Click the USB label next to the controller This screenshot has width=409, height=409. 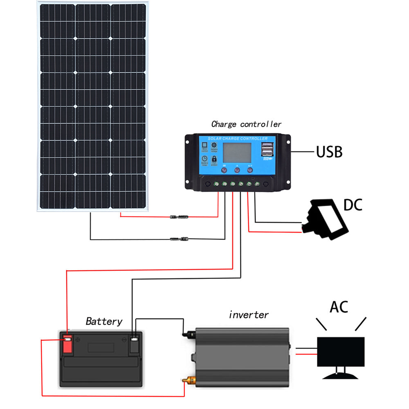click(x=329, y=152)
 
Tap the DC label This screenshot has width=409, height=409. click(x=353, y=204)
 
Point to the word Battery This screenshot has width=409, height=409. click(x=104, y=321)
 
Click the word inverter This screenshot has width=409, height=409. click(x=249, y=315)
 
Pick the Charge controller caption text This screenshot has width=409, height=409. click(x=246, y=124)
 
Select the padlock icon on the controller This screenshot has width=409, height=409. click(x=214, y=159)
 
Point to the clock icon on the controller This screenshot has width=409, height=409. click(x=204, y=159)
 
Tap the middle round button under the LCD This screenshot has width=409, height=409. click(x=237, y=169)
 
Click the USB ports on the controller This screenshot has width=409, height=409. click(x=267, y=149)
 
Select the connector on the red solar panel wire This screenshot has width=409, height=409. click(x=179, y=216)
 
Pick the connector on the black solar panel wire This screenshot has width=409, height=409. click(x=179, y=238)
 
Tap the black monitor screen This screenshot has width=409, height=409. click(x=341, y=352)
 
